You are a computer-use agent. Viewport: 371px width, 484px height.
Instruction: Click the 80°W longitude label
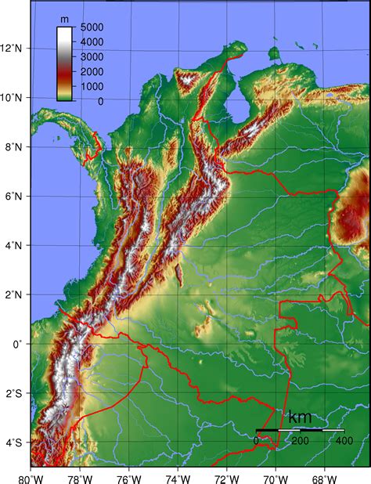pos(31,476)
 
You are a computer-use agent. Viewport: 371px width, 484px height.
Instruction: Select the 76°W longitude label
pos(129,476)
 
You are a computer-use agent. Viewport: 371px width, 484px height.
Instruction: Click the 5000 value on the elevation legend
pos(92,27)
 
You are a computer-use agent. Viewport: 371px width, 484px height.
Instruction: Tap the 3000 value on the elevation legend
pos(92,57)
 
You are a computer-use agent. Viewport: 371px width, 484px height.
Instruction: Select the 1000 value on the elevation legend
pos(92,87)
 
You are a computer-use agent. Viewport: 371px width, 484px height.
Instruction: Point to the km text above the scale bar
pos(300,417)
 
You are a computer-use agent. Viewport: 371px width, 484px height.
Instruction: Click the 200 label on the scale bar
pos(301,440)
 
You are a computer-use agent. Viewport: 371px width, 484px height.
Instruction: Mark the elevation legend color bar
pos(65,63)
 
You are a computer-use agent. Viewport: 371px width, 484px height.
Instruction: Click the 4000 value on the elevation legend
pos(92,42)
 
